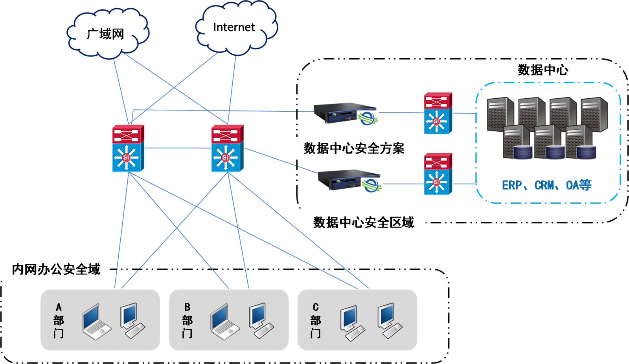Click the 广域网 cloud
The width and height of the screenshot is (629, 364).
(x=106, y=33)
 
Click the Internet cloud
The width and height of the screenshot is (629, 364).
(x=235, y=28)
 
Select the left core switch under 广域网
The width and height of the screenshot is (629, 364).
(x=128, y=148)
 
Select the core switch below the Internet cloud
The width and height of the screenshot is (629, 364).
(x=227, y=148)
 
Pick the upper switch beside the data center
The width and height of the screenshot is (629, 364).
(x=438, y=113)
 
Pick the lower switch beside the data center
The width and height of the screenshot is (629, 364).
(x=438, y=174)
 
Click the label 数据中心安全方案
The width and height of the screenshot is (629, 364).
(x=353, y=148)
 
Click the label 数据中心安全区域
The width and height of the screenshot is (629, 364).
(x=363, y=222)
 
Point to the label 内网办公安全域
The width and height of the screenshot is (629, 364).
(x=56, y=269)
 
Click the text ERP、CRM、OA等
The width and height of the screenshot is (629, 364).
(x=546, y=185)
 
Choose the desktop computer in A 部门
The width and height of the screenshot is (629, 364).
(x=132, y=320)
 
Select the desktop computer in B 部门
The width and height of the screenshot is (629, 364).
(x=261, y=320)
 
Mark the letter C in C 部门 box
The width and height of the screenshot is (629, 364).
(x=315, y=307)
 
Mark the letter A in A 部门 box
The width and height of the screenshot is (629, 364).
(x=59, y=307)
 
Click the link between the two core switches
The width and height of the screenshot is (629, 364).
(x=178, y=148)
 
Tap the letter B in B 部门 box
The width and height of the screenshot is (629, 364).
(x=187, y=307)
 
